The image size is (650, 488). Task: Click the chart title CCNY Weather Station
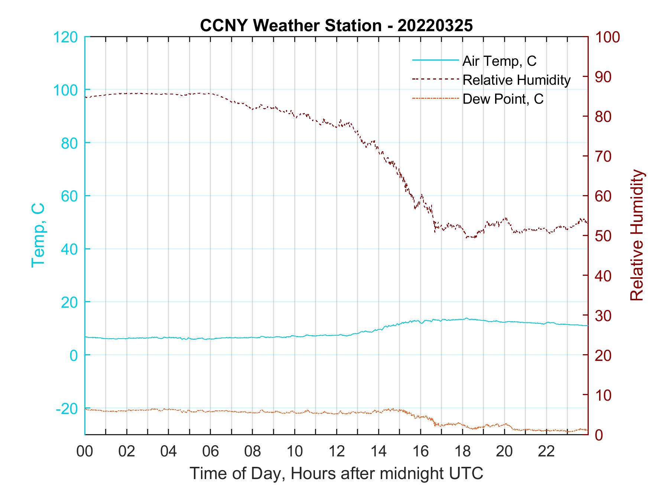[336, 26]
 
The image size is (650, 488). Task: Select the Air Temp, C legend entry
[499, 61]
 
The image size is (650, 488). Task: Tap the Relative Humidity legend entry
[516, 80]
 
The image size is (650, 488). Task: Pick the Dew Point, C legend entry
[503, 99]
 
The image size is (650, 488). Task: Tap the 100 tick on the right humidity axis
[607, 37]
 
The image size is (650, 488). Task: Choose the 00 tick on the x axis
[85, 452]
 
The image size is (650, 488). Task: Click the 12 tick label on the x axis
[337, 452]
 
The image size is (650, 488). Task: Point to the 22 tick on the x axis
[546, 452]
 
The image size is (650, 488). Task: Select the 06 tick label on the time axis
[211, 452]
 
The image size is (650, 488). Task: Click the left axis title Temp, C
[38, 235]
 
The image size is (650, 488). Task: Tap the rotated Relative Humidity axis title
[637, 235]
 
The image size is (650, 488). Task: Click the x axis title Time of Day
[336, 473]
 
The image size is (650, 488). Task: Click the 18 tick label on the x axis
[462, 452]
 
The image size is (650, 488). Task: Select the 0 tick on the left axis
[74, 355]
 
